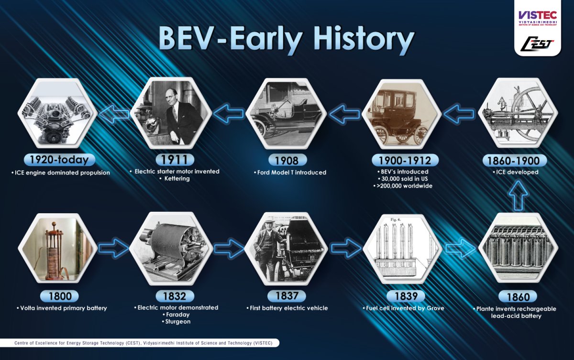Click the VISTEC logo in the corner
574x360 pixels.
coord(537,16)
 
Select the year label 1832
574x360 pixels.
coord(171,296)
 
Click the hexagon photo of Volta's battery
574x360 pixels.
coord(57,249)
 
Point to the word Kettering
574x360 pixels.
coord(177,178)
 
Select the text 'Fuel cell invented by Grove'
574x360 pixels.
coord(403,308)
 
